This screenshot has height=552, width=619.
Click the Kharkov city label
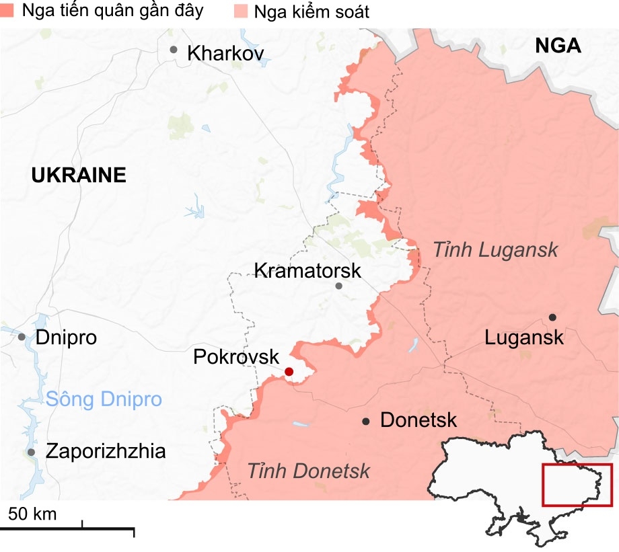pos(226,53)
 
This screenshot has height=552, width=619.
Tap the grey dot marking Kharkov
pos(174,49)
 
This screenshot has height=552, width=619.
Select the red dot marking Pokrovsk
pos(289,372)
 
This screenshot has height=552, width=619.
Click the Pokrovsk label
pos(235,356)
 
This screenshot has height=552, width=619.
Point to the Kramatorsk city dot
pos(339,286)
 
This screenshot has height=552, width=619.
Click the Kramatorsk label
pos(307,271)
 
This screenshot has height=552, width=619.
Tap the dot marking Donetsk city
pos(366,422)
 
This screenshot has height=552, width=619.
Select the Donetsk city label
pos(418,421)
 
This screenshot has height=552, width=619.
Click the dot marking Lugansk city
pos(552,317)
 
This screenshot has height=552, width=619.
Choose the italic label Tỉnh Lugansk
pos(495,250)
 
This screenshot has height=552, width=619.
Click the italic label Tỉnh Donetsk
pos(308,471)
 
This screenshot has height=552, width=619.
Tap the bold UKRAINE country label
pos(79,176)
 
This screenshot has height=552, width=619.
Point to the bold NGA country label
pos(558,46)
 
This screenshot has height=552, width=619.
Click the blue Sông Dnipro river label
pos(104,399)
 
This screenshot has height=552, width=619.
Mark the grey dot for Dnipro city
pos(22,337)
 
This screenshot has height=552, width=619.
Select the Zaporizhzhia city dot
pos(32,452)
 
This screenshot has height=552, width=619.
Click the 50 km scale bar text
pos(32,514)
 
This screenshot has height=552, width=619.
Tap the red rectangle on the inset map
pos(577,485)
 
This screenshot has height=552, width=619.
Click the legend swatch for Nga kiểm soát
pos(240,11)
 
